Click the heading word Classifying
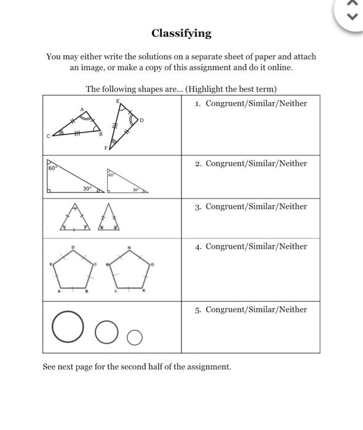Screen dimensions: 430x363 click(181, 33)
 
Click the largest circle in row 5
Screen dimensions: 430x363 click(67, 327)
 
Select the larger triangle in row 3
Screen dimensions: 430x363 click(75, 219)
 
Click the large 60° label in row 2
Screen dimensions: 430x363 click(52, 167)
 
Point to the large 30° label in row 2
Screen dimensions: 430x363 click(88, 189)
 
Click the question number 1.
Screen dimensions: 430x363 click(197, 103)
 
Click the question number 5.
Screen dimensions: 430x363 click(197, 310)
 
